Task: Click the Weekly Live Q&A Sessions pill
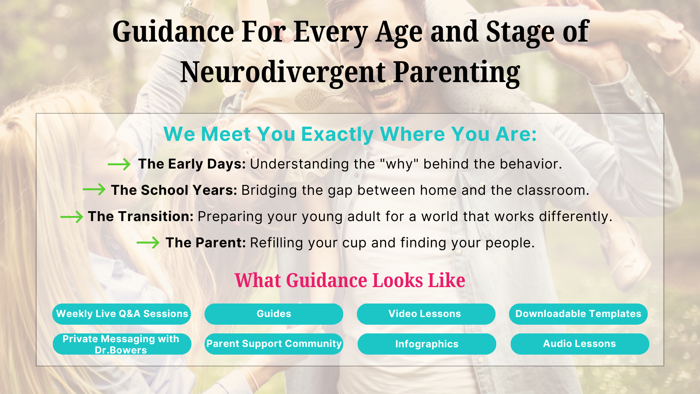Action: (x=121, y=314)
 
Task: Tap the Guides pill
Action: (x=274, y=314)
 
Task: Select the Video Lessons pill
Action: (x=426, y=314)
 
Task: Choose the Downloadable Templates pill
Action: (x=578, y=314)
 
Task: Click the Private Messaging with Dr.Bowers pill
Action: (x=122, y=344)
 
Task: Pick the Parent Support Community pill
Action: (x=274, y=344)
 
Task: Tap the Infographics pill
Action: (x=427, y=344)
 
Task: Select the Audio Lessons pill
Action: (x=580, y=344)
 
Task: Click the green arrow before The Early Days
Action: (x=119, y=165)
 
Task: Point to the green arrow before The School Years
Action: (x=94, y=189)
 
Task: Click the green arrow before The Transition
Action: (x=71, y=217)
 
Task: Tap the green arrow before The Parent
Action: (x=148, y=243)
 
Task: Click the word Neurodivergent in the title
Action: (x=283, y=72)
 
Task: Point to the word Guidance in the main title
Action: (x=173, y=32)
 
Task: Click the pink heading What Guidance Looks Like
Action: (x=350, y=280)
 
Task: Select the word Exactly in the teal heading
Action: (x=337, y=134)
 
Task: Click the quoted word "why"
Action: (x=399, y=164)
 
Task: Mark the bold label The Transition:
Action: (x=141, y=216)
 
